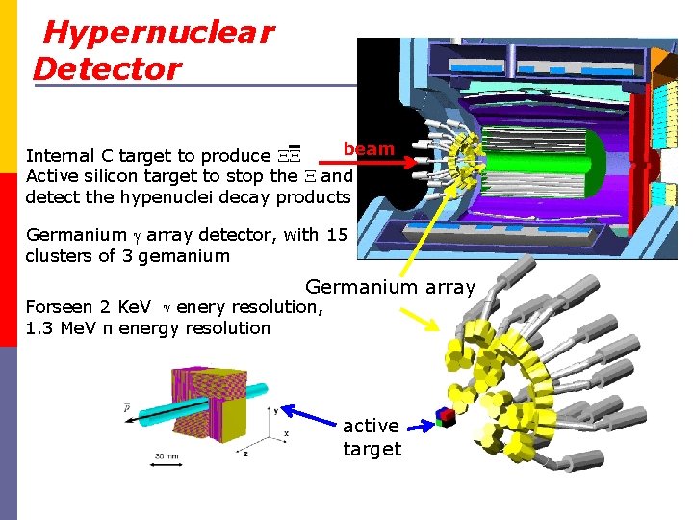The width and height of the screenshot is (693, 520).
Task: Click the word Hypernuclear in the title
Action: click(x=159, y=33)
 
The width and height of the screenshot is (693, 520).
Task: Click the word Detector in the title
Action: click(x=107, y=68)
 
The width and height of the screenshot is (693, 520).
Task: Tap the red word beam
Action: click(x=370, y=148)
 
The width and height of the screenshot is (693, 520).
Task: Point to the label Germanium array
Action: click(x=390, y=286)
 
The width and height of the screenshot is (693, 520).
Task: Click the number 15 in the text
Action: click(x=337, y=235)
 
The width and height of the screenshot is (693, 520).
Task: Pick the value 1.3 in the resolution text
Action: click(x=41, y=327)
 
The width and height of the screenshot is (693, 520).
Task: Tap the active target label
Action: click(x=372, y=437)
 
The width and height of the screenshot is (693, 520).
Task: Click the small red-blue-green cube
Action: click(x=444, y=417)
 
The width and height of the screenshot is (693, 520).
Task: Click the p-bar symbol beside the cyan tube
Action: click(x=128, y=408)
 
